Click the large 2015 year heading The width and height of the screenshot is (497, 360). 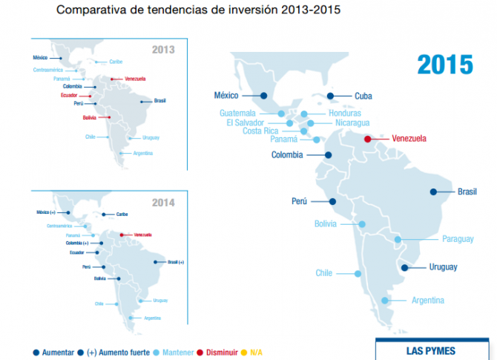(x=444, y=65)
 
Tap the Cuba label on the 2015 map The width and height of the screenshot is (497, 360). (x=363, y=96)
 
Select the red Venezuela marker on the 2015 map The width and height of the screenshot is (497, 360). (x=369, y=138)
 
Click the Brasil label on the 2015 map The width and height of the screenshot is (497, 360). (x=467, y=192)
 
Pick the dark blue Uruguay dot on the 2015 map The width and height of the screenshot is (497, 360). (x=404, y=268)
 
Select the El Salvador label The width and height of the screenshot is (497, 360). (x=249, y=123)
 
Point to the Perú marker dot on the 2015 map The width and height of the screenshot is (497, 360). (x=332, y=201)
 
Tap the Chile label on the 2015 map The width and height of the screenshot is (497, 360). (x=323, y=272)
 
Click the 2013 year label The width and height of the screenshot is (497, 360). (x=162, y=50)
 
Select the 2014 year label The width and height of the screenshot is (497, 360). (x=162, y=202)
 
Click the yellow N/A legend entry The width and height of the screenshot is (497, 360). (x=256, y=351)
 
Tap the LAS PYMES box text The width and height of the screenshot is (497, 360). (x=431, y=351)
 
